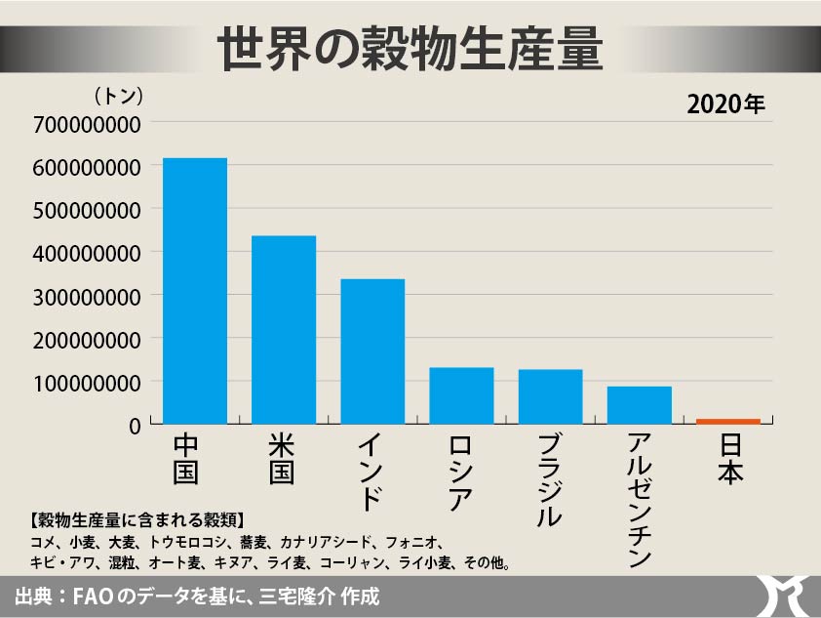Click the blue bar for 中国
point(194,291)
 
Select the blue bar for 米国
point(284,330)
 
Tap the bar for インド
point(372,351)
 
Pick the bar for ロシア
point(461,395)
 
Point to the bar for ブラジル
point(550,396)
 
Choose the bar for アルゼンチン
point(639,405)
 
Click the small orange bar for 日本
point(727,421)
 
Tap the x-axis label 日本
point(728,459)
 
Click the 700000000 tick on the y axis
point(86,123)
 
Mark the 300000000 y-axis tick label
point(86,295)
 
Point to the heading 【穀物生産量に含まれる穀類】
point(137,518)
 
